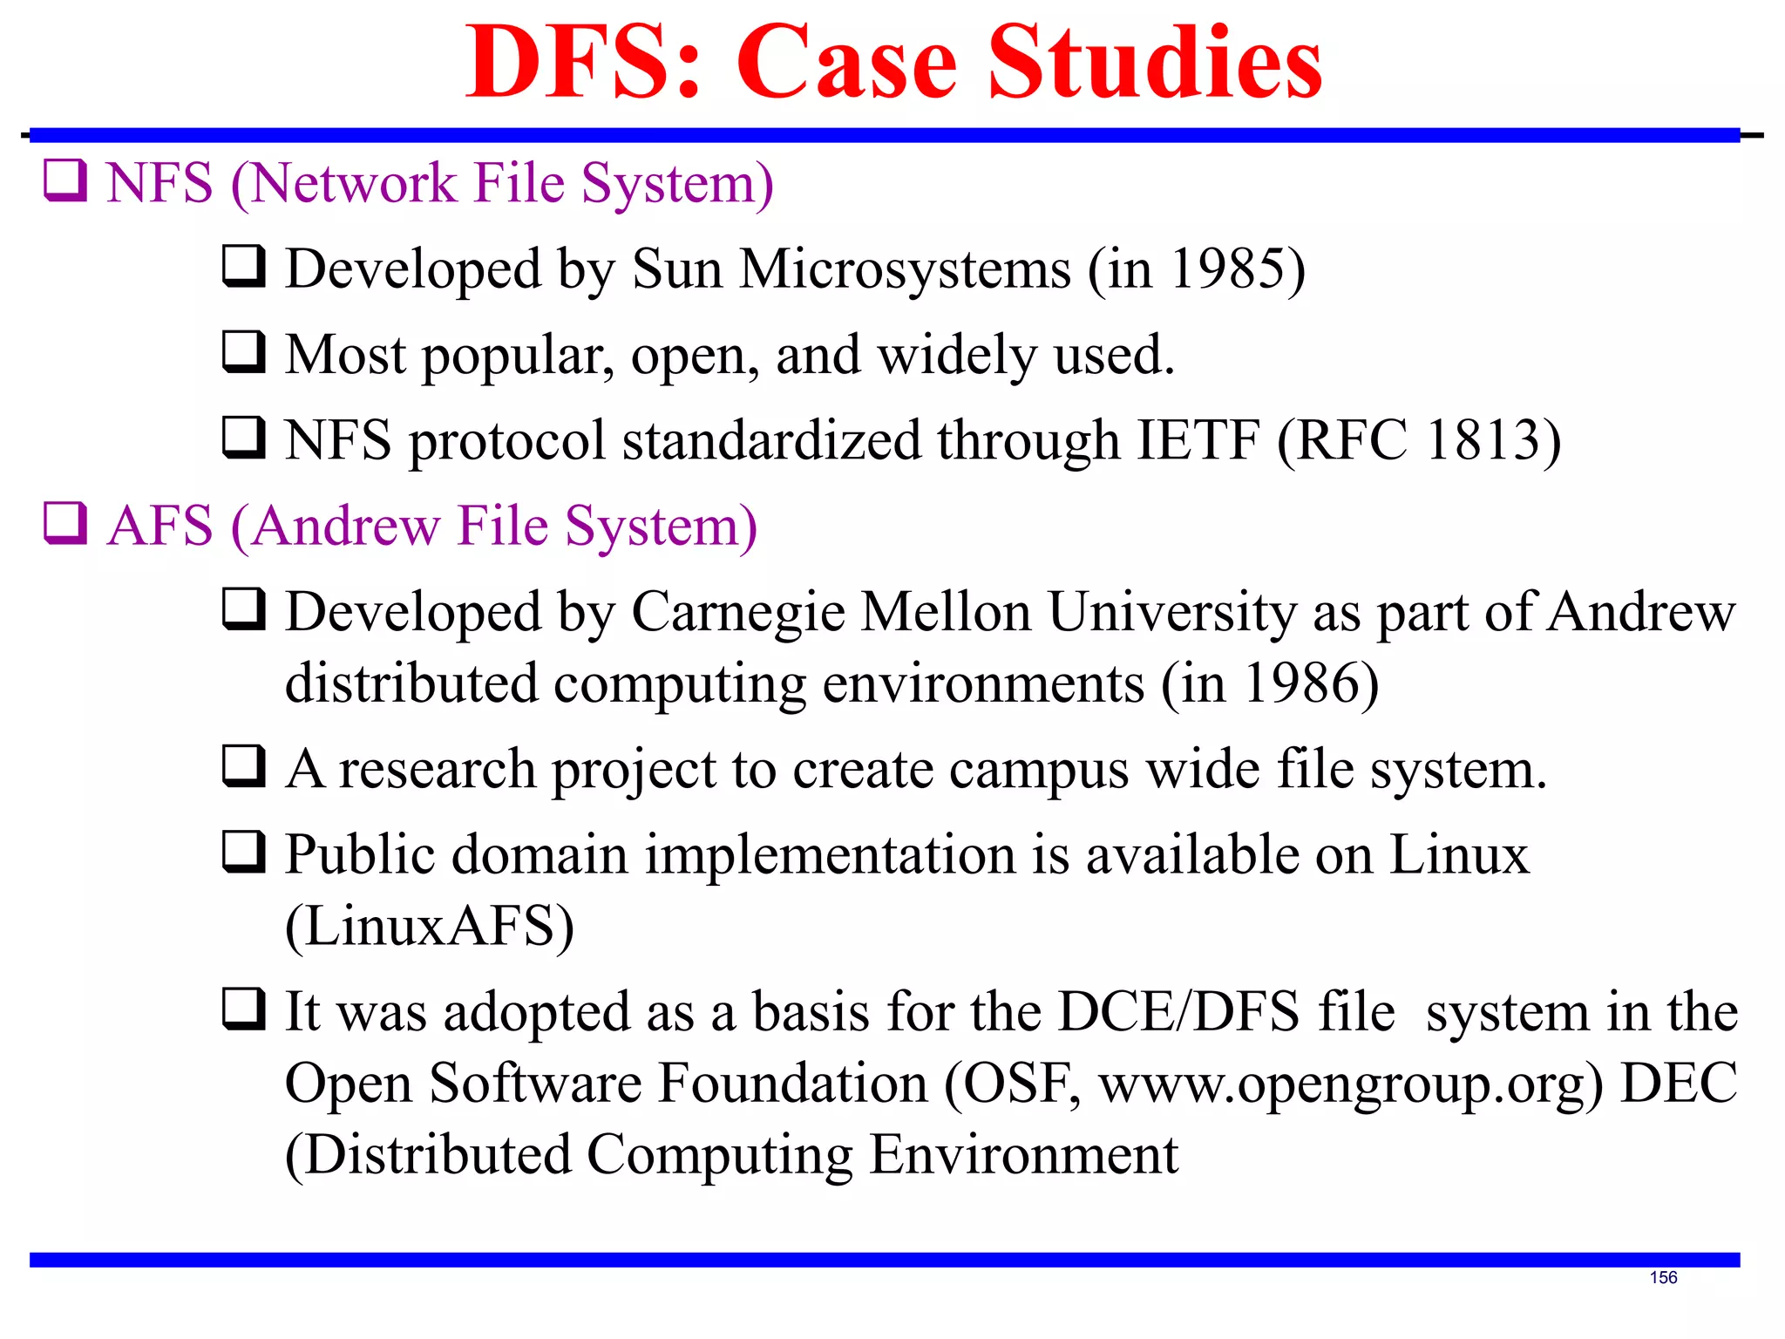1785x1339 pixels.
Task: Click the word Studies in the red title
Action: point(1155,63)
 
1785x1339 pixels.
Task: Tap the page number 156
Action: point(1663,1277)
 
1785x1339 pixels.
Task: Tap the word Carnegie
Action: point(738,612)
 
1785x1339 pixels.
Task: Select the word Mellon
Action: point(947,612)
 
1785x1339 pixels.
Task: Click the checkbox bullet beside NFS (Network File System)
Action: point(65,181)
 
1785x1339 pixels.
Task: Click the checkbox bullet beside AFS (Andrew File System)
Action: point(65,524)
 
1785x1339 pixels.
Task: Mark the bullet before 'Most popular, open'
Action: point(244,352)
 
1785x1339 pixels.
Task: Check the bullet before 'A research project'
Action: point(244,766)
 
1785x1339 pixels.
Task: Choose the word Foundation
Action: point(793,1084)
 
